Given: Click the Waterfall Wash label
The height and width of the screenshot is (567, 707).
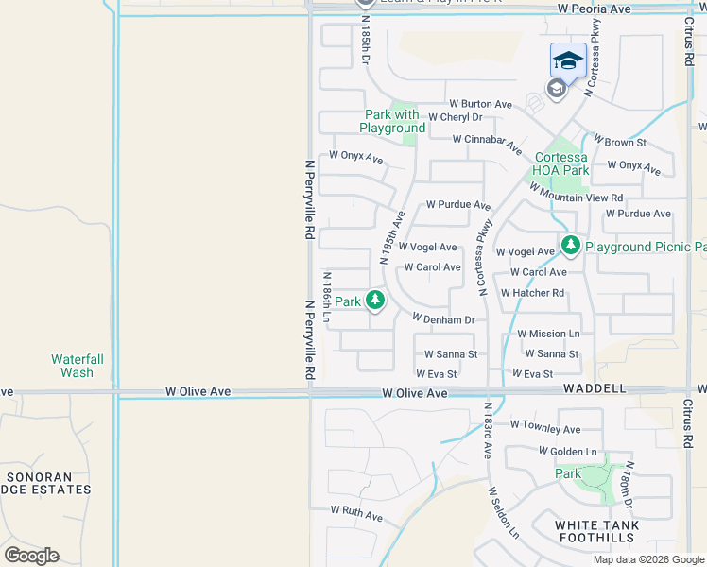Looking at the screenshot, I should (x=72, y=366).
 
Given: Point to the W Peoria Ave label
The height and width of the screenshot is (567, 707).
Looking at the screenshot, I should (x=594, y=9).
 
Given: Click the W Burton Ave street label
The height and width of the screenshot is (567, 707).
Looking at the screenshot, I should (x=480, y=104).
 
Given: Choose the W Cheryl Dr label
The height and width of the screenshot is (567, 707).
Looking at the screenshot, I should (x=455, y=118).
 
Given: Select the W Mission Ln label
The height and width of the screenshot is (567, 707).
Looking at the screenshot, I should (x=548, y=335).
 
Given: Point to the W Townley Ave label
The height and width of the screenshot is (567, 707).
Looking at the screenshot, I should (x=545, y=429).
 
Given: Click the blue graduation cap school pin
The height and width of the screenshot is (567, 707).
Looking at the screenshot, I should (x=567, y=61).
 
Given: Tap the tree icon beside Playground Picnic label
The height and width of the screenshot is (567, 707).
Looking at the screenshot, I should (x=570, y=246).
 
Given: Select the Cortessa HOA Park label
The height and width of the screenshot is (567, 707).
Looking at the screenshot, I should (x=561, y=163).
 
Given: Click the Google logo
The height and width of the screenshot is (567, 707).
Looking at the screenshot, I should (x=31, y=556).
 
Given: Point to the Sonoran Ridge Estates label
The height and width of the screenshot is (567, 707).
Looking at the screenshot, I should (x=47, y=483).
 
